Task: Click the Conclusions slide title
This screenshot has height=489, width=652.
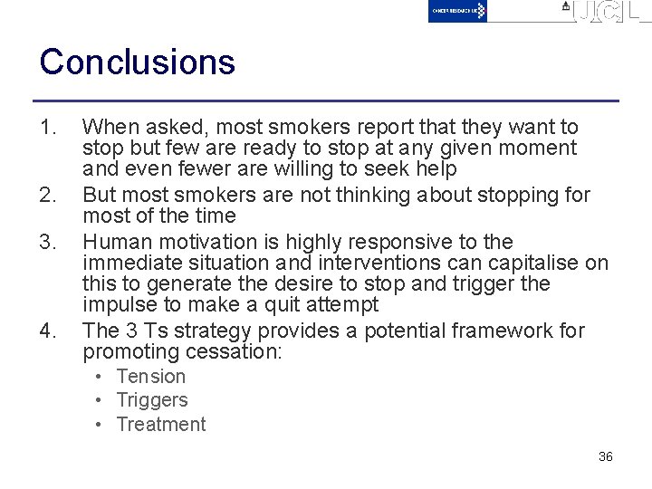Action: pos(138,62)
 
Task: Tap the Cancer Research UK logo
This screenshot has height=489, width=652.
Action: pos(457,11)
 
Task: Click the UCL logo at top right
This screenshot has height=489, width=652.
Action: pos(604,12)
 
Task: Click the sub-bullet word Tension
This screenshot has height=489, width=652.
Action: pos(150,377)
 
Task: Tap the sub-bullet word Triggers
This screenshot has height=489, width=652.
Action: pos(151,400)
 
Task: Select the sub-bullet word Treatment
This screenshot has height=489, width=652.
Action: pos(160,424)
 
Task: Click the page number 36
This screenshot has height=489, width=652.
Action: pos(606,456)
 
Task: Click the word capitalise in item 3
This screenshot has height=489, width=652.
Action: pos(534,263)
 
